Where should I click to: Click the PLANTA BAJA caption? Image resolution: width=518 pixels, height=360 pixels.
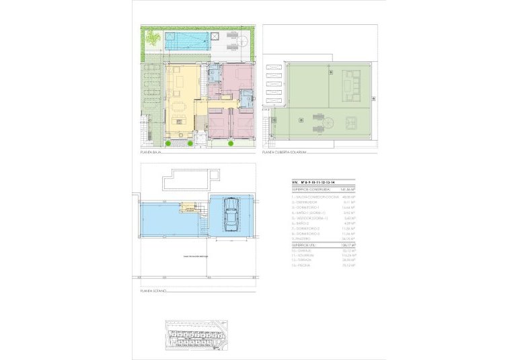[x=149, y=153]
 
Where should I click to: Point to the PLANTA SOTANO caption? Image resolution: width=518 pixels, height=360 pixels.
[x=153, y=291]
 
